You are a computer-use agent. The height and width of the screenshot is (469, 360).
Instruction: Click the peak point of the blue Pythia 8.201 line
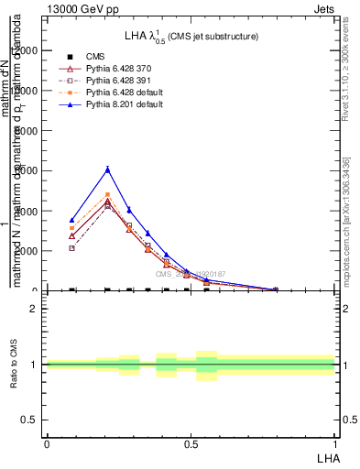coord(108,169)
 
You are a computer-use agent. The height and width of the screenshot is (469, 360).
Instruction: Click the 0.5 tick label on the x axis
coord(191,442)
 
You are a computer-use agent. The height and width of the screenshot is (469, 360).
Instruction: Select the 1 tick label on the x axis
coord(335,442)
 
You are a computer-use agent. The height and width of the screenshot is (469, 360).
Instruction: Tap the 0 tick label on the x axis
coord(47,442)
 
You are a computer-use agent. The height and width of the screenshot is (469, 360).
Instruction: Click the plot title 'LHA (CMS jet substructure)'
coord(191,36)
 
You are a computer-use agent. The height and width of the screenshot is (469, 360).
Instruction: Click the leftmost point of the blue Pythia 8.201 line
coord(71,220)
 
